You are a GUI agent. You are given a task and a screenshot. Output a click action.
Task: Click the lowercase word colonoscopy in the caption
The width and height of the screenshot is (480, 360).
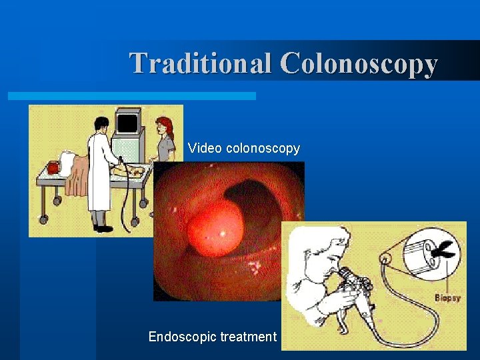coord(263,149)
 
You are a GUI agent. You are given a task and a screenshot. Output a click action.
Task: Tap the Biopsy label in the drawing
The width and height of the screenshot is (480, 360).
coord(447,298)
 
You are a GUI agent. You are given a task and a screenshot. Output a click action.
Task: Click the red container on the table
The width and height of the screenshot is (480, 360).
coord(52,167)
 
